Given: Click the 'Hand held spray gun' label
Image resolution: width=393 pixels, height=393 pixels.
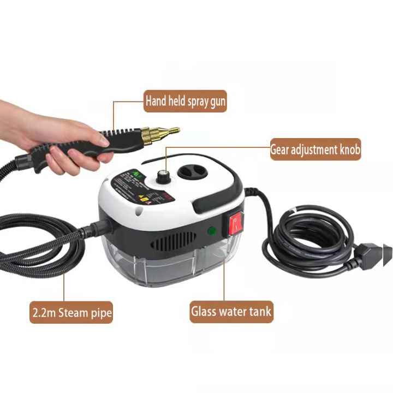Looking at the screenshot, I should pos(185,101).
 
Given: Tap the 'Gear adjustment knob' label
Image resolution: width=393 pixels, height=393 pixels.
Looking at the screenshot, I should pos(315,149).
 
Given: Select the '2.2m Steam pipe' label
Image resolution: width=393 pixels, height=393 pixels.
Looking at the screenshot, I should pos(71,313).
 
